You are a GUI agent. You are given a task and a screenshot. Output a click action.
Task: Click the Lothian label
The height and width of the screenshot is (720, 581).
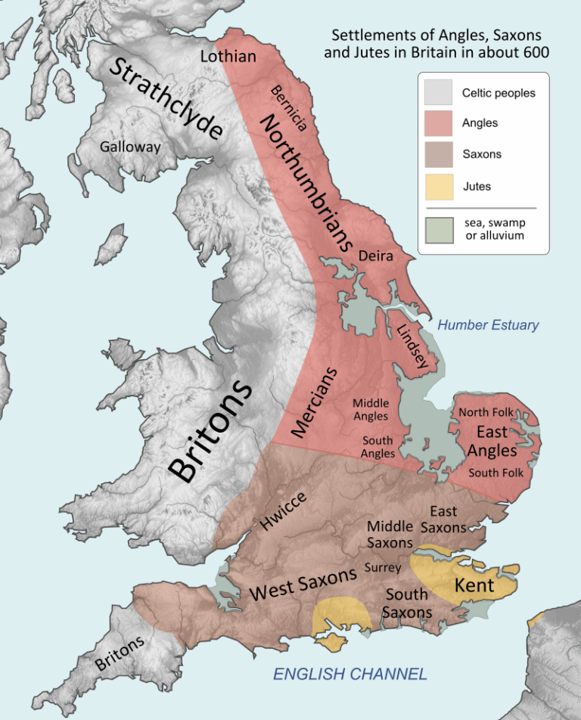[228, 57]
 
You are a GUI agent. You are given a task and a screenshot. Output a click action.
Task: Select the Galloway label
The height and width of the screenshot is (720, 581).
[130, 147]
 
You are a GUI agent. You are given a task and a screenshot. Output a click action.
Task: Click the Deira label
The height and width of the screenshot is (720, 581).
[376, 256]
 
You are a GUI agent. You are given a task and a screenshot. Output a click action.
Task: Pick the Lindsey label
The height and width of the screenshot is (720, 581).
[412, 346]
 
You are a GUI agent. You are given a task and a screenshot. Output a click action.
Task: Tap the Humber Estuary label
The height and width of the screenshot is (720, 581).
[488, 325]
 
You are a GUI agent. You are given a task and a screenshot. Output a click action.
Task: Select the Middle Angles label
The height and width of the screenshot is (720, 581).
[371, 409]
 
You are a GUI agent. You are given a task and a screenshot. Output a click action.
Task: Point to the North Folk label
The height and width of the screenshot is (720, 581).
[486, 412]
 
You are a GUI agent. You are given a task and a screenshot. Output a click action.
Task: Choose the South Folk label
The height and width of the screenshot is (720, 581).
[496, 473]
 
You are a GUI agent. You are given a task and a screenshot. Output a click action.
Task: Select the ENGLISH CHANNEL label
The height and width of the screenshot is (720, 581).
[350, 674]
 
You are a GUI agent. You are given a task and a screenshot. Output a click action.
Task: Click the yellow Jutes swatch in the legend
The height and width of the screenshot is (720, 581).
[439, 186]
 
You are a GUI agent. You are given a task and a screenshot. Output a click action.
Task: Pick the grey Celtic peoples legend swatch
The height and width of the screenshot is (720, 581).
[439, 94]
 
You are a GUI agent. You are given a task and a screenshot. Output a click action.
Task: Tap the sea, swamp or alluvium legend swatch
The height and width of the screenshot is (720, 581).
[439, 230]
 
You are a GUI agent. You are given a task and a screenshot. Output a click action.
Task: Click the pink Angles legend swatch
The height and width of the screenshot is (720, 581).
[439, 123]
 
